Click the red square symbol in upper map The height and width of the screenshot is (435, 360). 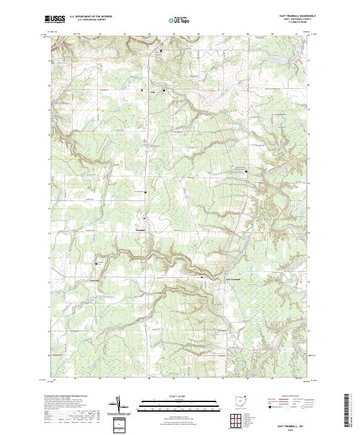(x=142, y=91)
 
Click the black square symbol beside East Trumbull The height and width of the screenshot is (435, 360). (x=202, y=277)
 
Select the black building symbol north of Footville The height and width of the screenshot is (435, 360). (x=97, y=263)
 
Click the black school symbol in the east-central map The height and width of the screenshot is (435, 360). (x=245, y=172)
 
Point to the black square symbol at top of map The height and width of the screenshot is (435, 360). (x=161, y=52)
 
